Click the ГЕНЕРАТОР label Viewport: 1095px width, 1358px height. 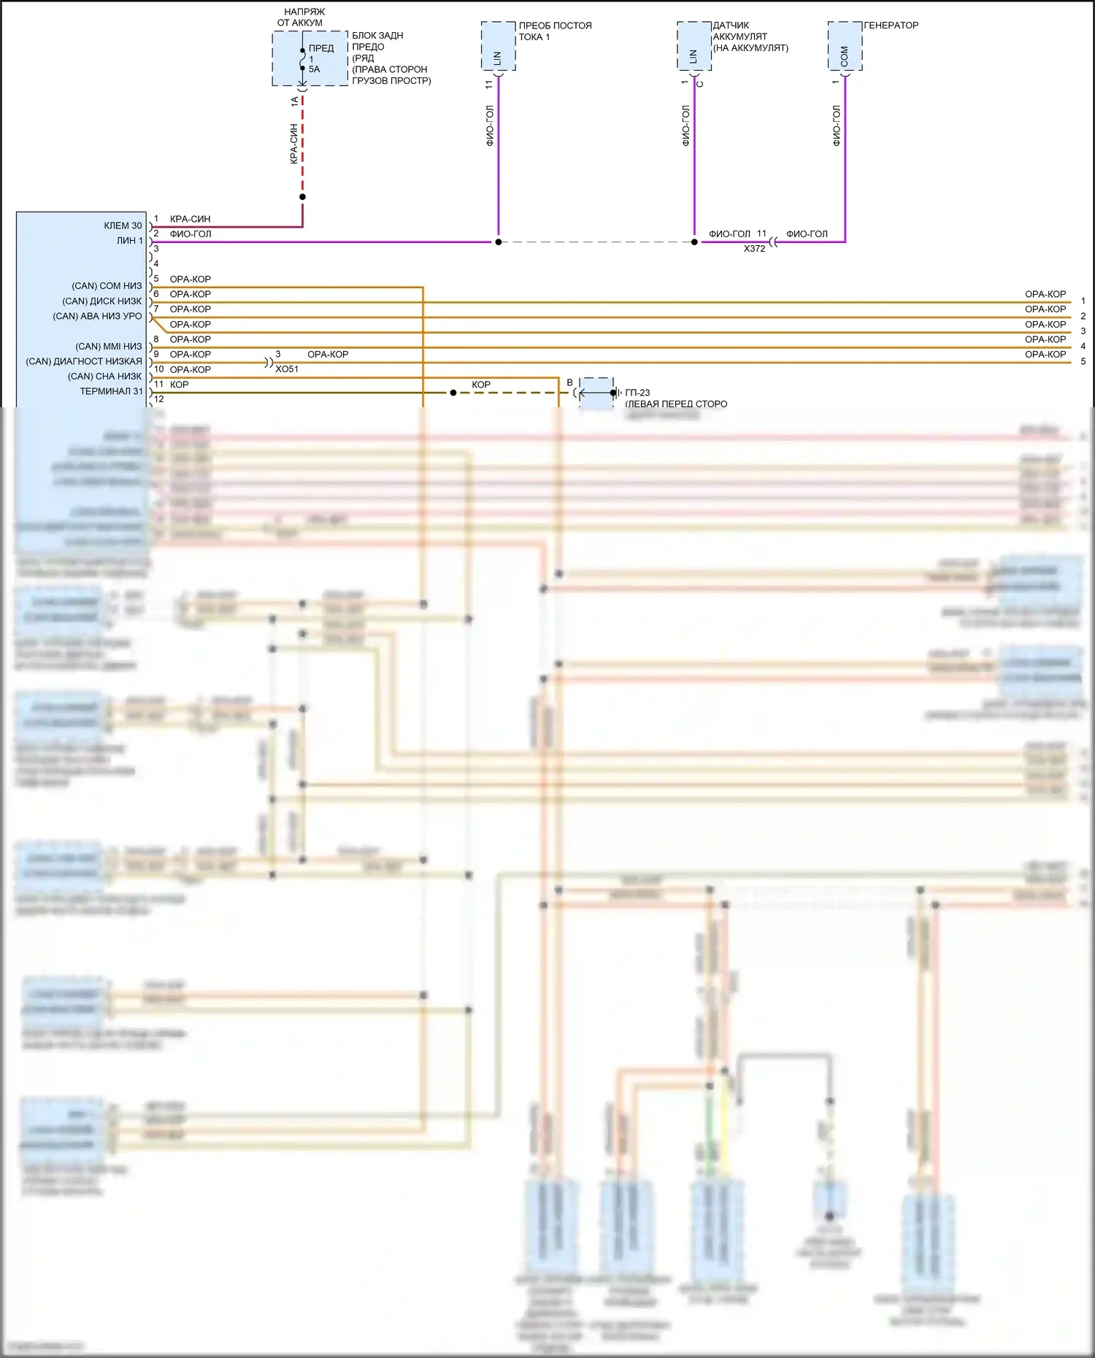point(891,26)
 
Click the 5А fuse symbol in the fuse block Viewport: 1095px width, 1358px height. point(303,59)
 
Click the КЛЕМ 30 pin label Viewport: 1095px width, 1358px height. point(123,225)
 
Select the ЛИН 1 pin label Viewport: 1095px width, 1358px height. point(129,241)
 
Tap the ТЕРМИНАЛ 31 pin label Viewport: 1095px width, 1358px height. point(111,391)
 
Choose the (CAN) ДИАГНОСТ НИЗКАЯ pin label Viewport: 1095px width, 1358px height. point(84,361)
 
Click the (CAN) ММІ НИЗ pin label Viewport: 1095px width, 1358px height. point(108,346)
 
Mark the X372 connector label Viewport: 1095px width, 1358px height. point(754,249)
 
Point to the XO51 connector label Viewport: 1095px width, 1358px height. point(287,369)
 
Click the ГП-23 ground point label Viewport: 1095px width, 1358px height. point(637,393)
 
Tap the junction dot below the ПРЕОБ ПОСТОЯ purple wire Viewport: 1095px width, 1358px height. point(499,242)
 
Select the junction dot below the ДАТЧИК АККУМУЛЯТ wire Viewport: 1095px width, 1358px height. point(694,242)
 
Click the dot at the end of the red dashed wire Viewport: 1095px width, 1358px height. point(302,196)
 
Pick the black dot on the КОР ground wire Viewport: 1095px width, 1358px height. point(453,393)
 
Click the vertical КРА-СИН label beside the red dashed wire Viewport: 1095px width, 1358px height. point(293,144)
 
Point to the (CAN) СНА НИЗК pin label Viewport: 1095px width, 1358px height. point(104,377)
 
